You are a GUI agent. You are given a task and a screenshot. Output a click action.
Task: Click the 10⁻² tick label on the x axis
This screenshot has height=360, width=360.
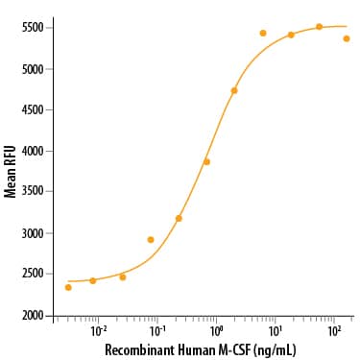[x=98, y=329]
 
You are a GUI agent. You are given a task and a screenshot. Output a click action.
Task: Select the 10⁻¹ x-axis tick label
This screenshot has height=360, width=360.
[x=156, y=329]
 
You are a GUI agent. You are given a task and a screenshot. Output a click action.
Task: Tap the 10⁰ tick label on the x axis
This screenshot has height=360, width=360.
[x=216, y=329]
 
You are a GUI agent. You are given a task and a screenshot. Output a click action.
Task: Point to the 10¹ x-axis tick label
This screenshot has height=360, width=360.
[x=276, y=329]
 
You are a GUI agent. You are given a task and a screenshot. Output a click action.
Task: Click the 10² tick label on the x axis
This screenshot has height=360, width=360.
[x=334, y=329]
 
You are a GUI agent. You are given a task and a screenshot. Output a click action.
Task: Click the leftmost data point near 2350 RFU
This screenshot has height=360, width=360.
[x=68, y=287]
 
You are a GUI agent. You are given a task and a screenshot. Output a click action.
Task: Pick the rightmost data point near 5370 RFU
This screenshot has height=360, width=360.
[x=347, y=38]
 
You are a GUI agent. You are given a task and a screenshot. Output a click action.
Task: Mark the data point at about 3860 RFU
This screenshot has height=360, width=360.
[x=206, y=162]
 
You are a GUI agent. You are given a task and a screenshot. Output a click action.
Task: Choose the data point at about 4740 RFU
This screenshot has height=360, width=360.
[x=234, y=90]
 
